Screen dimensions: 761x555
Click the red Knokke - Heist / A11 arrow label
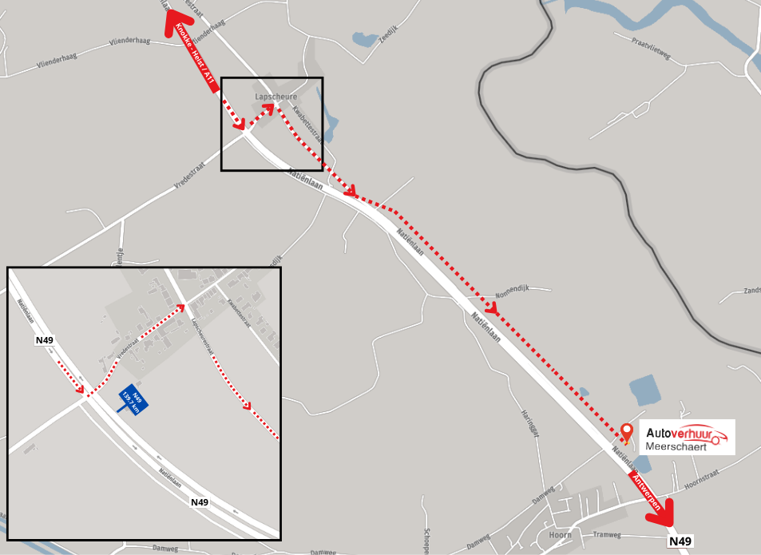(196, 56)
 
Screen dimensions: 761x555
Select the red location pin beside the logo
(627, 432)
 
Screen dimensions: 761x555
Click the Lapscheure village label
(275, 97)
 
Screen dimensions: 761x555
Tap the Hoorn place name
(560, 535)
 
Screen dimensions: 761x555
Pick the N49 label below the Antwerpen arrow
(680, 541)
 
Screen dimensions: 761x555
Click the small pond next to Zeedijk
(361, 38)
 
